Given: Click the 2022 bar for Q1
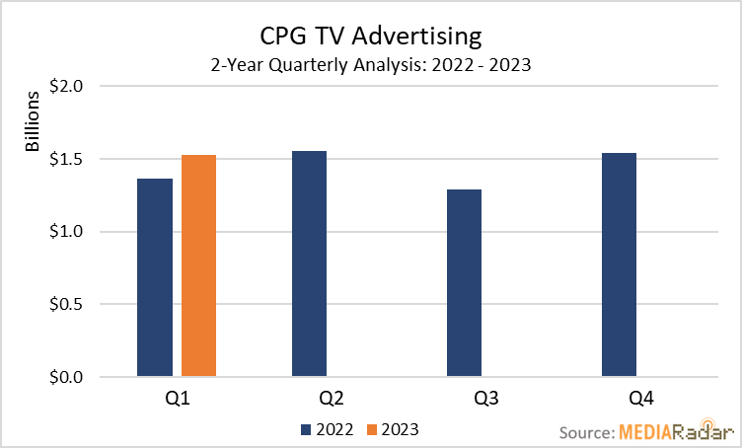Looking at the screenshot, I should [155, 277].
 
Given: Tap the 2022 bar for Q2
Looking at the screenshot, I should [309, 263].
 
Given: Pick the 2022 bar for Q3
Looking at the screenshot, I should [464, 283].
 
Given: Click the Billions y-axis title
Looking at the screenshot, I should [33, 123].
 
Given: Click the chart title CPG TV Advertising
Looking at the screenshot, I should [371, 37].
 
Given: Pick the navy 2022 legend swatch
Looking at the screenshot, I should [306, 429].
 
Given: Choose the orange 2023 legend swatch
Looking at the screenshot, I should [372, 429].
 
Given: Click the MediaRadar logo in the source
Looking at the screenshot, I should [676, 431].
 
